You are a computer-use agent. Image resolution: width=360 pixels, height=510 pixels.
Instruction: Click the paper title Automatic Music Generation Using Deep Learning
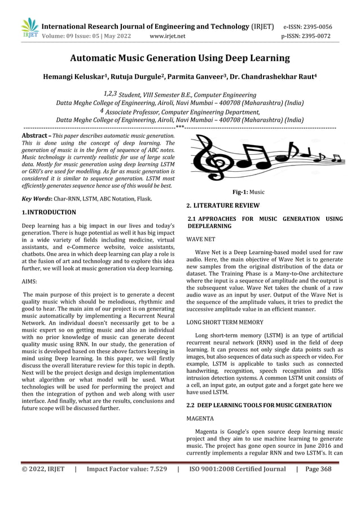coord(179,58)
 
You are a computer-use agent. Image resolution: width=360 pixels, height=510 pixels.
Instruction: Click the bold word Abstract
coord(34,137)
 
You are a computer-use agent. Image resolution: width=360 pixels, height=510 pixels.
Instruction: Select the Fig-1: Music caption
coord(249,192)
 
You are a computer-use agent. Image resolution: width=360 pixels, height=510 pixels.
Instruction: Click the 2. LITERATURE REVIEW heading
coord(223,205)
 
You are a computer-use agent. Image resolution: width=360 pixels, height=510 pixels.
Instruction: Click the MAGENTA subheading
coord(200,420)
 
